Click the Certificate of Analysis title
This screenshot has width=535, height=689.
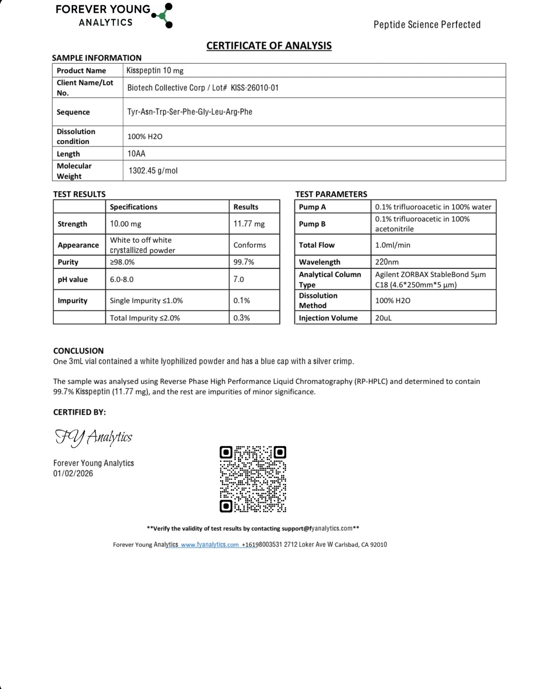(x=269, y=46)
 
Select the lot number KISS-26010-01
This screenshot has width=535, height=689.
(x=254, y=88)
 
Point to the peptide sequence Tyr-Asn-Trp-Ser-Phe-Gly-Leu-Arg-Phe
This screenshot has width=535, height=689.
(x=189, y=112)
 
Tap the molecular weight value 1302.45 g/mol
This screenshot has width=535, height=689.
(x=153, y=171)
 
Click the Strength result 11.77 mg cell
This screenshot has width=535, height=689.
(x=249, y=224)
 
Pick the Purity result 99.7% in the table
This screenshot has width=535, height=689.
(x=244, y=262)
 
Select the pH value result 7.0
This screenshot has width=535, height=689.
(x=239, y=279)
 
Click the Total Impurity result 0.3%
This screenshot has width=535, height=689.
(x=242, y=318)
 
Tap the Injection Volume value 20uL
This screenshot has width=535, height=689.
(x=383, y=318)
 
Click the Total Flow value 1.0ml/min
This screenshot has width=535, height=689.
(x=392, y=245)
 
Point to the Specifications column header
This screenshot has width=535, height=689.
(x=133, y=207)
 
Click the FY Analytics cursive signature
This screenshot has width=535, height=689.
(x=94, y=438)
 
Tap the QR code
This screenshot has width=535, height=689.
(x=253, y=479)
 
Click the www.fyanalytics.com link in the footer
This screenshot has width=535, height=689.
(x=210, y=545)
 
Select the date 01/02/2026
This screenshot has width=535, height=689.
(x=73, y=474)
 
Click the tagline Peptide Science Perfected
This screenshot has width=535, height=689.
(x=427, y=25)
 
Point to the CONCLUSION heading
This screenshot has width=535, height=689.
(x=78, y=351)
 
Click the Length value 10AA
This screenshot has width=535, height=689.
(x=136, y=154)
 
